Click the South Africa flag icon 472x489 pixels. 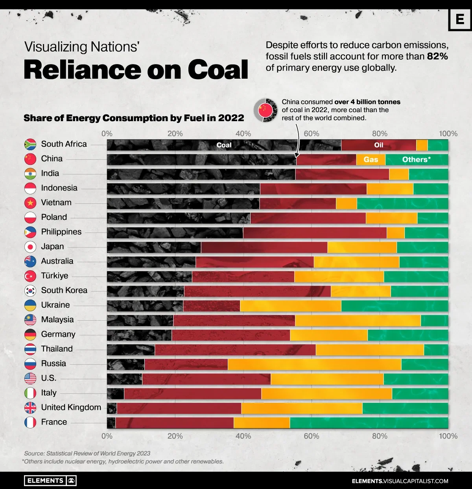pos(30,144)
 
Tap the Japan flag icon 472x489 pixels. pos(30,247)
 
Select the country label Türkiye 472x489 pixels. pos(55,276)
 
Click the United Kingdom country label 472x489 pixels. pos(71,408)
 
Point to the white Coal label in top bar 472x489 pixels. pos(224,145)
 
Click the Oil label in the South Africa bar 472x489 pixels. pos(378,145)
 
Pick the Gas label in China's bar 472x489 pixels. pos(371,159)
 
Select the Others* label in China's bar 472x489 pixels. pos(416,159)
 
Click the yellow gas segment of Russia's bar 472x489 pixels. pos(314,364)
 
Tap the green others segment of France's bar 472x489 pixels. pos(369,423)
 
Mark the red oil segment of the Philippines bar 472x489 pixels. pos(315,233)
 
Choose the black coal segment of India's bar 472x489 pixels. pos(201,174)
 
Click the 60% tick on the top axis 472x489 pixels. pos(311,134)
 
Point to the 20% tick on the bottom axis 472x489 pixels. pos(175,436)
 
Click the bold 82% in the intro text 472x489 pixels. pos(437,56)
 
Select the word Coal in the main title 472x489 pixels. pos(218,70)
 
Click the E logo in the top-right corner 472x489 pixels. pos(459,19)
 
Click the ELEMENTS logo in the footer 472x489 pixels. pos(50,480)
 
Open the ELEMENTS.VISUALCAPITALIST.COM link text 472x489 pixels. pos(400,481)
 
